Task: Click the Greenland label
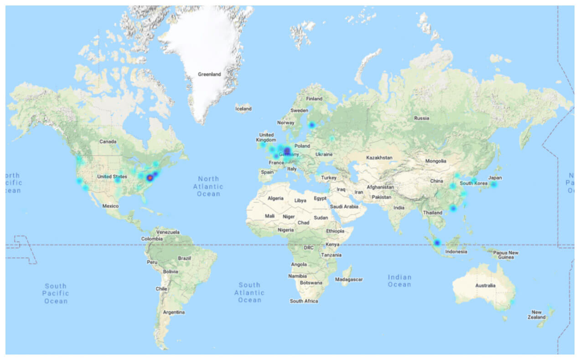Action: coord(209,74)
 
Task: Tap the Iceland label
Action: coord(243,109)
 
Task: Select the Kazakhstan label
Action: coord(379,158)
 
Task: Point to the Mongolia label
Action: coord(435,161)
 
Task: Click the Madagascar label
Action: coord(349,279)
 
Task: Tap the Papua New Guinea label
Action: coord(507,255)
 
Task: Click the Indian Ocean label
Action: coord(399,281)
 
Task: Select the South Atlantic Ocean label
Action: coord(249,293)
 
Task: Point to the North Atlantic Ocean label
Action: coord(208,186)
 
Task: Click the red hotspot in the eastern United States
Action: coord(150,178)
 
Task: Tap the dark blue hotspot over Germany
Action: coord(287,151)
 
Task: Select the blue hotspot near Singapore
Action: coord(437,243)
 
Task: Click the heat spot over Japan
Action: coord(493,184)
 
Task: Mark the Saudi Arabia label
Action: coord(344,206)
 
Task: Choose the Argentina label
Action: coord(174,312)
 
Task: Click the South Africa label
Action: coord(304,301)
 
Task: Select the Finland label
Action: coord(314,98)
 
